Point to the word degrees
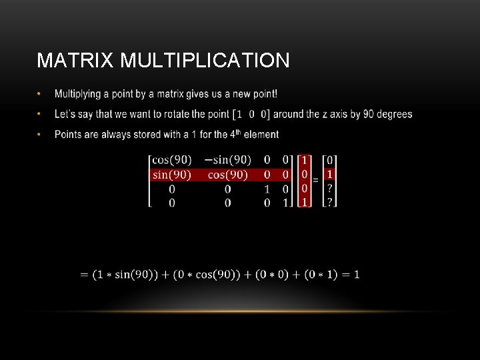[394, 114]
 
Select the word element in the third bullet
[261, 135]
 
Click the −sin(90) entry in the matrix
[228, 160]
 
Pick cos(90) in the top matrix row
[172, 160]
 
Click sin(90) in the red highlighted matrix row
[172, 175]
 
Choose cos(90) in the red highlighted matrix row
[228, 175]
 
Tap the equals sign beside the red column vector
[315, 180]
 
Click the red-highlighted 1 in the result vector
[329, 175]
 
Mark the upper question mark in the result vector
[329, 189]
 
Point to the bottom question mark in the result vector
[329, 202]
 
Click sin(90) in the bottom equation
[133, 275]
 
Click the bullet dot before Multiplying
[40, 93]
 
